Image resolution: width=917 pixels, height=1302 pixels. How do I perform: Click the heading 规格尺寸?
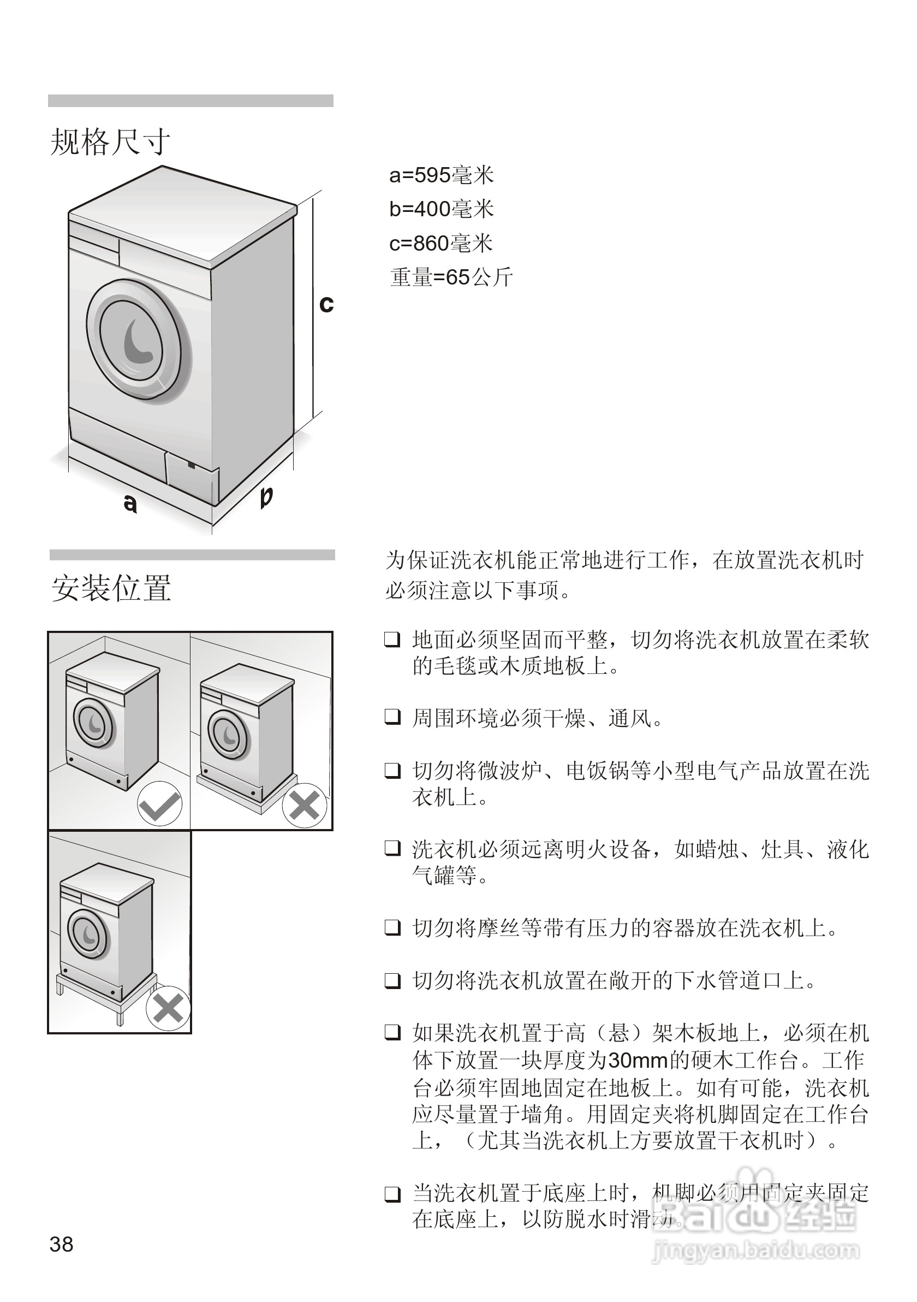(x=110, y=142)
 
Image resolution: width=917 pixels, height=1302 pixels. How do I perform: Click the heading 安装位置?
(x=112, y=588)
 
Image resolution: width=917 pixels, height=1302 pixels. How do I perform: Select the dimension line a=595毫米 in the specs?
(x=442, y=176)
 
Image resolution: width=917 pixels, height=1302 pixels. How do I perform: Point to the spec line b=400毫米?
(x=442, y=209)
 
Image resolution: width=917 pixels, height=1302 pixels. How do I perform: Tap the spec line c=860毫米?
(x=441, y=244)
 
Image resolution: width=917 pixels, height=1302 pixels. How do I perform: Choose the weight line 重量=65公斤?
(x=451, y=277)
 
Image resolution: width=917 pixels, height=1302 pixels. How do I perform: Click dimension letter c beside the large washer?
(x=326, y=305)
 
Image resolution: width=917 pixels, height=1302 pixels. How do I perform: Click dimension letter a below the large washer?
(x=130, y=502)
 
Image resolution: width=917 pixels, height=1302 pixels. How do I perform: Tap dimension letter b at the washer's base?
(x=266, y=496)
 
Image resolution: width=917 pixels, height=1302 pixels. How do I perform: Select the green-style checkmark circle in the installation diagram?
(x=160, y=803)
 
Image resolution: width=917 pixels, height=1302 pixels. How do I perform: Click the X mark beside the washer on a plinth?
(x=305, y=805)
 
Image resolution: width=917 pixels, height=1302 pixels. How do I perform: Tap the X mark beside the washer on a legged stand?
(x=168, y=1009)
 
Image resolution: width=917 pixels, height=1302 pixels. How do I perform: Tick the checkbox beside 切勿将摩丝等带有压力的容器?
(x=393, y=928)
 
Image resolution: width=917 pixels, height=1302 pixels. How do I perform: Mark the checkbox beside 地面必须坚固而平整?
(x=393, y=639)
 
